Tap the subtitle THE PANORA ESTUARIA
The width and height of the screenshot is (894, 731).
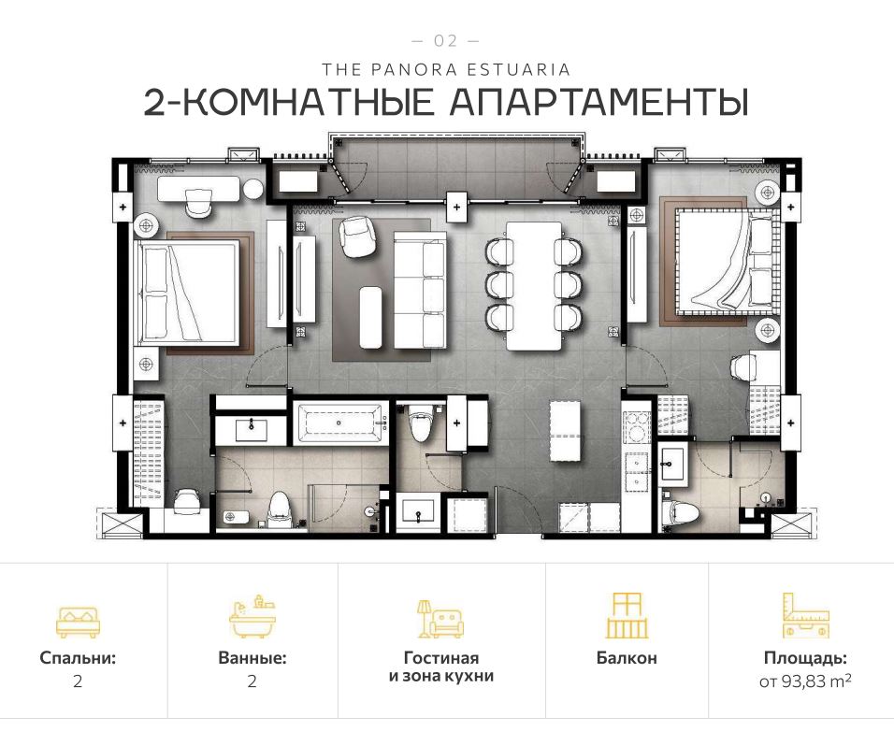pos(446,69)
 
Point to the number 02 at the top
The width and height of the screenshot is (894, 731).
pos(446,41)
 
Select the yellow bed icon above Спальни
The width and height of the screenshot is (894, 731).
pos(78,618)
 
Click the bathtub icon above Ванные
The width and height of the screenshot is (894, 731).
pos(252,616)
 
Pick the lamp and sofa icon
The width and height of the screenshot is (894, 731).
pos(440,618)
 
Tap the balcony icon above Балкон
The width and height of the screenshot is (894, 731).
pos(626,615)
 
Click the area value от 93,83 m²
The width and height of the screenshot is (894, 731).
pos(804,681)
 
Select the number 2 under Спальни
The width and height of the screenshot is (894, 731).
pos(78,681)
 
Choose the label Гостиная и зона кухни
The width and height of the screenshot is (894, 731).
pos(440,666)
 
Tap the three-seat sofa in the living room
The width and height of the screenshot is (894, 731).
pos(419,291)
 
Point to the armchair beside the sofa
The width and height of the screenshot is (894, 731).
pos(356,236)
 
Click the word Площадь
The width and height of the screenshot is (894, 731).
pos(804,658)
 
